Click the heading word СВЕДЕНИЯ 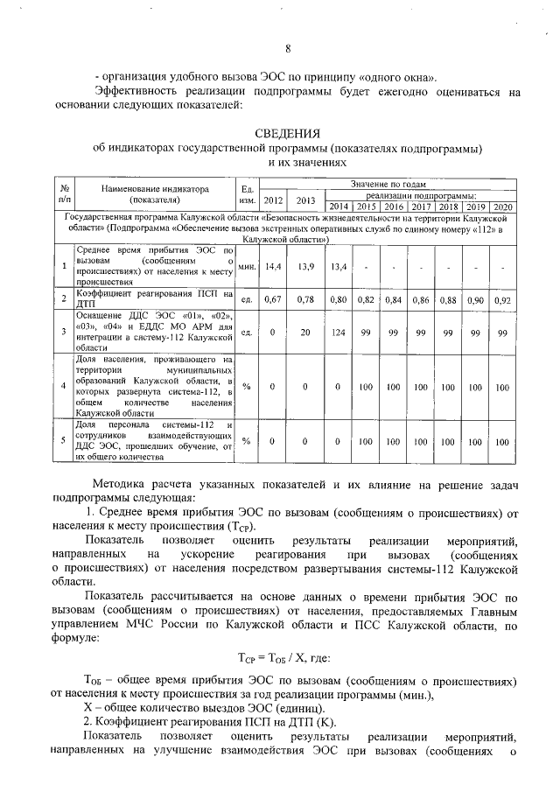click(288, 133)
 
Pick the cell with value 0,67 click(274, 300)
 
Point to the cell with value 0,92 click(502, 300)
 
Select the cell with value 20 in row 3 click(306, 333)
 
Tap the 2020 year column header click(502, 207)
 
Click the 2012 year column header click(274, 200)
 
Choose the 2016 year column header click(394, 207)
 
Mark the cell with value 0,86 click(421, 300)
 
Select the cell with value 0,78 click(306, 300)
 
